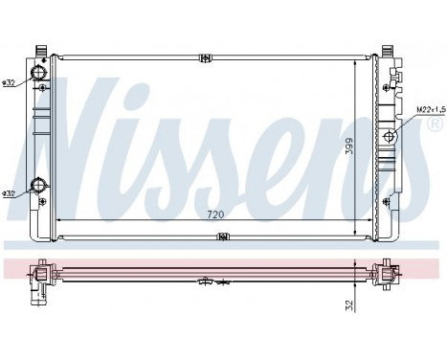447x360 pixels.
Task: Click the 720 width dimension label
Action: click(215, 214)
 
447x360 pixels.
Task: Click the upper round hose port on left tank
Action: click(39, 76)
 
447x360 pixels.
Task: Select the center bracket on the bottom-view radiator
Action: click(208, 281)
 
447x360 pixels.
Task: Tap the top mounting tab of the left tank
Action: click(39, 50)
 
